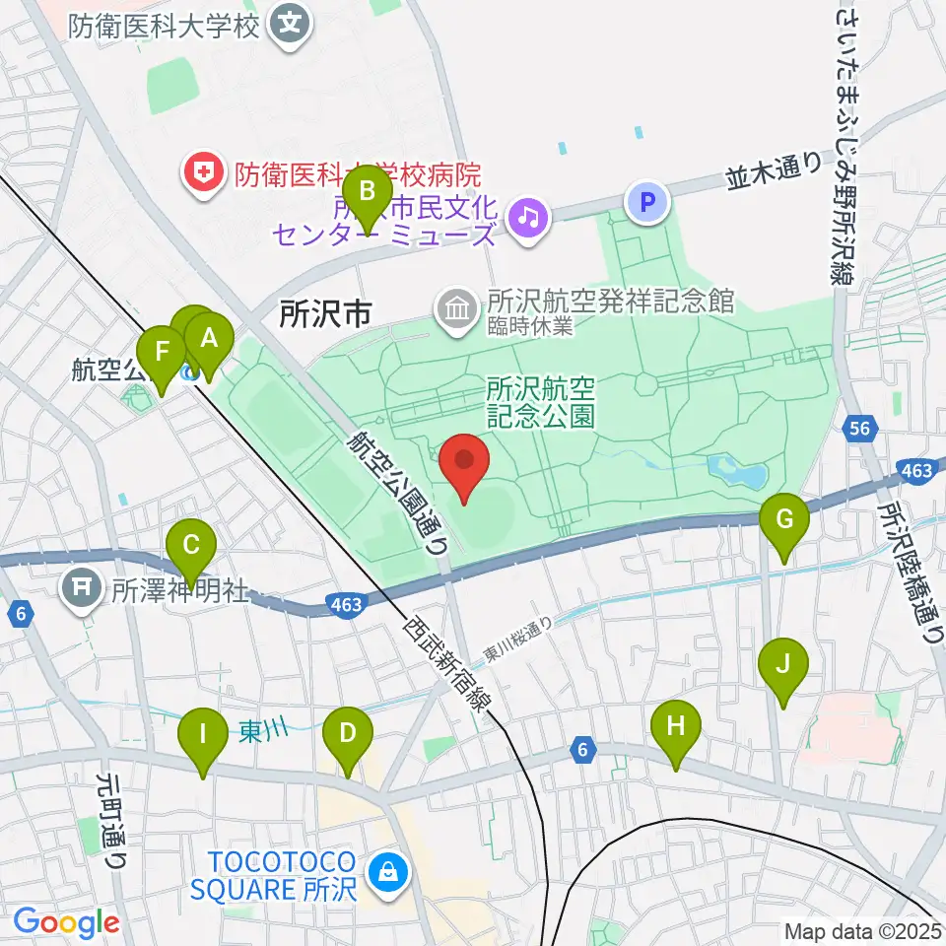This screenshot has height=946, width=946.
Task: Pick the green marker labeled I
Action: pyautogui.click(x=204, y=737)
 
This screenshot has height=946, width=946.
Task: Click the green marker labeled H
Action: pyautogui.click(x=675, y=730)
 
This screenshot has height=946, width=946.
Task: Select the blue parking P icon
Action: pyautogui.click(x=647, y=203)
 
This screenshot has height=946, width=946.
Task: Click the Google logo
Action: pyautogui.click(x=66, y=923)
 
